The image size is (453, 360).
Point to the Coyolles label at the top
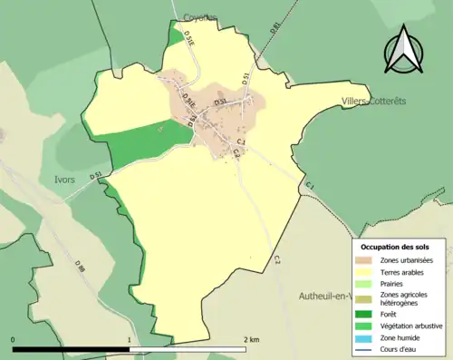(x=201, y=16)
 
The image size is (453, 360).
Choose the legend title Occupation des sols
(x=395, y=247)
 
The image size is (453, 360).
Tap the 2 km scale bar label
(x=252, y=340)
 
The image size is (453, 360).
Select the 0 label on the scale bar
(x=14, y=340)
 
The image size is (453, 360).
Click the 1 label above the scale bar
(x=130, y=340)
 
